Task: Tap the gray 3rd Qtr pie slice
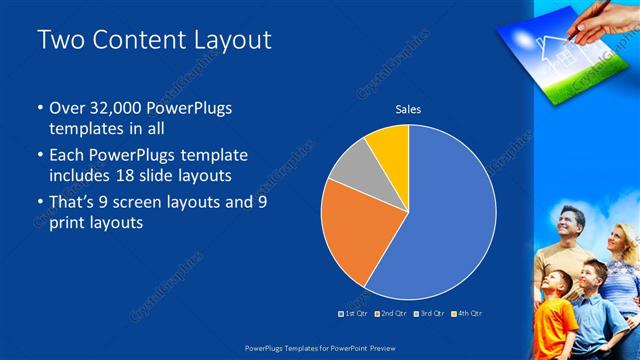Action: click(x=349, y=171)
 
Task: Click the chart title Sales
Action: click(x=408, y=108)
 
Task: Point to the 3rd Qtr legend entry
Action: click(x=431, y=314)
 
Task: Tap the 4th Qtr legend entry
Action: click(x=468, y=314)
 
